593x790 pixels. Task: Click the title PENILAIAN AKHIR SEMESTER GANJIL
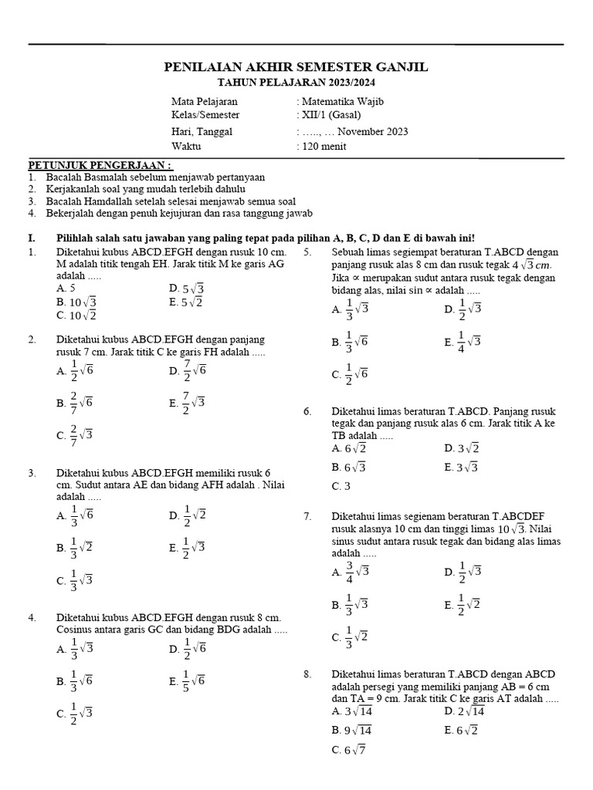[x=296, y=68]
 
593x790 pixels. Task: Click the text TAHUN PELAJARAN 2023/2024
[x=296, y=83]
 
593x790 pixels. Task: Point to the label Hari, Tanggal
[x=202, y=132]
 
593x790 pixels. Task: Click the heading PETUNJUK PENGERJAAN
[x=100, y=166]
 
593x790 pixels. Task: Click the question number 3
[x=32, y=473]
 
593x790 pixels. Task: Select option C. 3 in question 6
[x=341, y=486]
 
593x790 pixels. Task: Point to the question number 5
[x=307, y=252]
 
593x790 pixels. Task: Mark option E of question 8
[x=462, y=730]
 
